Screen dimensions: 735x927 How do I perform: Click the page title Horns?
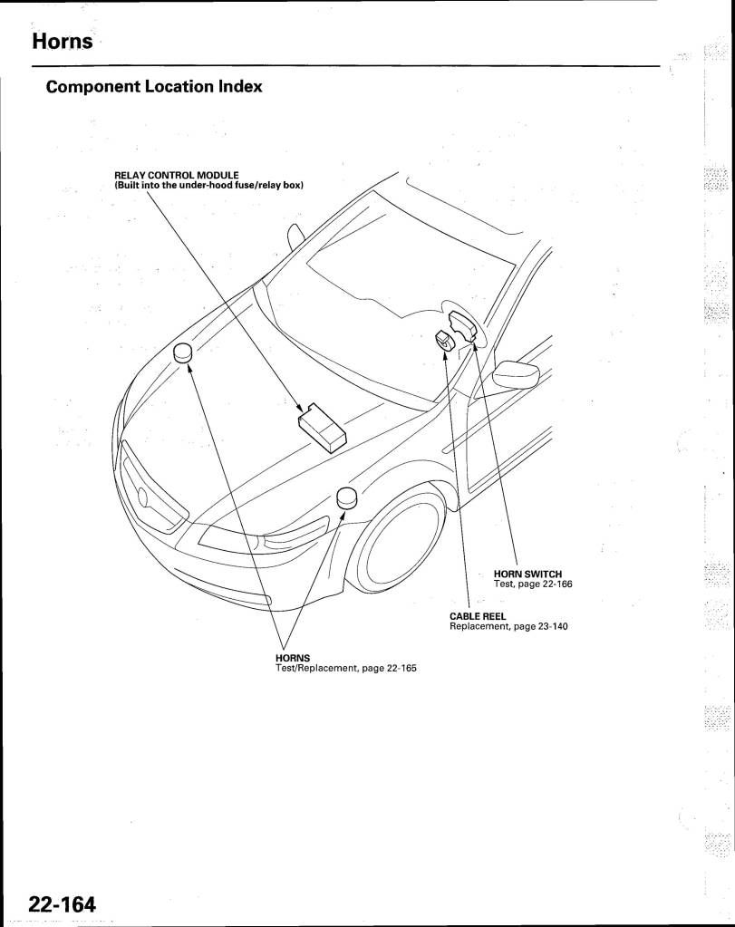coord(63,42)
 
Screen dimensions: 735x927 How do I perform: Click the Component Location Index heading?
coord(154,87)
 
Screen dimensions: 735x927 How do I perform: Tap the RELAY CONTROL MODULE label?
coord(176,175)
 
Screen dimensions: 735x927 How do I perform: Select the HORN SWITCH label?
coord(527,574)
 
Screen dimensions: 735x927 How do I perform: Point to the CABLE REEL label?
coord(478,616)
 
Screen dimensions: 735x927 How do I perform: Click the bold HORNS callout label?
coord(293,658)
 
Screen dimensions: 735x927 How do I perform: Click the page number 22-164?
coord(63,904)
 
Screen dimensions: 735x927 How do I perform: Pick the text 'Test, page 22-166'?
coord(533,584)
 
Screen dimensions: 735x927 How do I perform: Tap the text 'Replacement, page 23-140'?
coord(508,627)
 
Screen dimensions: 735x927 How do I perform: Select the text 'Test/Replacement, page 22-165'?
coord(346,669)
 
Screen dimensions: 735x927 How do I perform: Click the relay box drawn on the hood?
coord(323,427)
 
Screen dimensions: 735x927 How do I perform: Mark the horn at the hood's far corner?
coord(184,352)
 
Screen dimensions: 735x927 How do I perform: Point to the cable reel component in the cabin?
coord(443,340)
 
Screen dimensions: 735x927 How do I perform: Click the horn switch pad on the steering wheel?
coord(464,327)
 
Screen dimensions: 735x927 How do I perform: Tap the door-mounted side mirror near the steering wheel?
coord(516,374)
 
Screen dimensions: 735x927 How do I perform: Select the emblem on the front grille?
coord(144,497)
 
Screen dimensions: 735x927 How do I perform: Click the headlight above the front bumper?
coord(263,535)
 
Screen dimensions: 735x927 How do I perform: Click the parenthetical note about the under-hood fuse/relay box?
coord(208,185)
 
